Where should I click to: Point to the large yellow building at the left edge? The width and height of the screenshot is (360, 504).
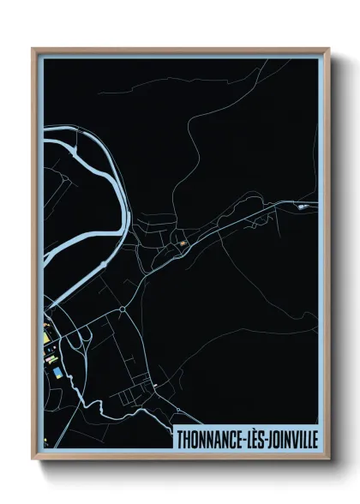tap(49, 347)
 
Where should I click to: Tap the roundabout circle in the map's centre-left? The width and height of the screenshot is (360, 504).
tap(123, 309)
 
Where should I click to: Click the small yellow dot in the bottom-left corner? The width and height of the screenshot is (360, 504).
tap(45, 444)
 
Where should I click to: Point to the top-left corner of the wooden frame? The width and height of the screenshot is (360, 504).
tap(33, 49)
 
